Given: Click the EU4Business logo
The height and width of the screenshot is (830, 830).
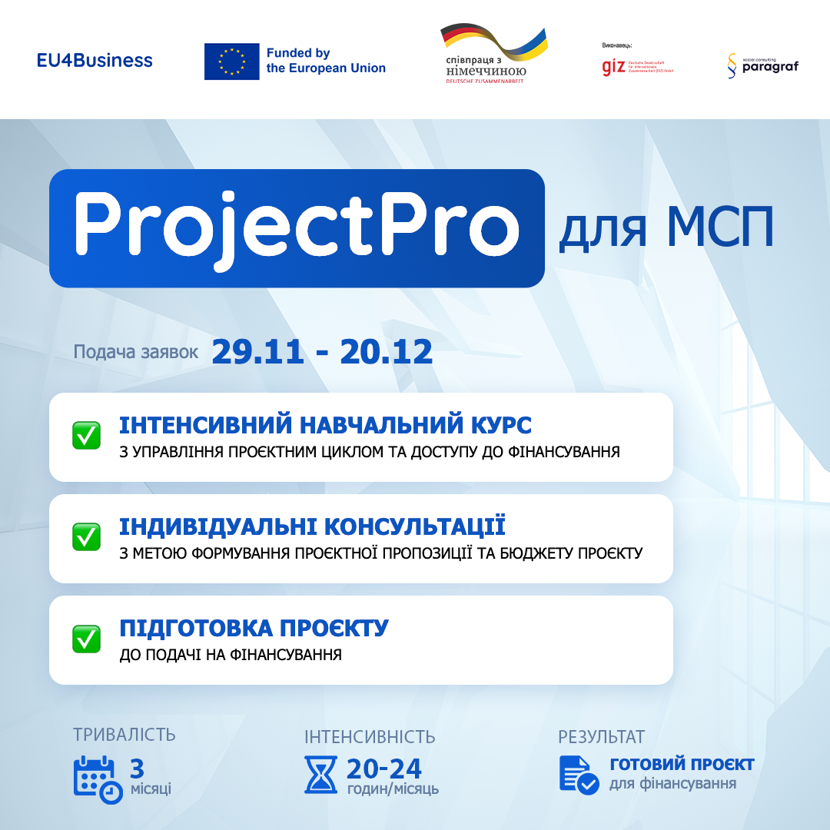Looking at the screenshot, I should pos(95,61).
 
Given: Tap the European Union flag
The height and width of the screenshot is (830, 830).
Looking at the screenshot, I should pos(231,61).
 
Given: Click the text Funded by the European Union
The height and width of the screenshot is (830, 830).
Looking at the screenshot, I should pos(326,61).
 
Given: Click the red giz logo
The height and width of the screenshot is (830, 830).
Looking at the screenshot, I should pos(613,67).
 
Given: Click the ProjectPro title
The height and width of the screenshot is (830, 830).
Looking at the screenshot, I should pos(297,228).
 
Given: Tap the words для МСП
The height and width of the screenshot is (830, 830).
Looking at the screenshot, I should pos(666,228).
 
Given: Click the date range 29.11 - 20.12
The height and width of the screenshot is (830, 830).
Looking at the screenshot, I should pos(322,352).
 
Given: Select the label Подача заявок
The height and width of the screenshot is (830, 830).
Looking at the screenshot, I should pos(136,353).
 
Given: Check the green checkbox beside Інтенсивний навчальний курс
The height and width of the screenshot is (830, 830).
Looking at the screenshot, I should pos(87,436).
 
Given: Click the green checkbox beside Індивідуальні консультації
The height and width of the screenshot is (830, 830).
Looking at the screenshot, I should pos(87,536).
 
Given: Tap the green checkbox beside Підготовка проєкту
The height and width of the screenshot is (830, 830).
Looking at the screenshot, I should pos(87,638).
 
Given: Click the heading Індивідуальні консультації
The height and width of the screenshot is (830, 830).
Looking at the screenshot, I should pos(312,527).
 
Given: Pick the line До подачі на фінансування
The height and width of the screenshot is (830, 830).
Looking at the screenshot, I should pos(231,656).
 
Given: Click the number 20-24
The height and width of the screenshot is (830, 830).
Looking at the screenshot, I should pos(383,769).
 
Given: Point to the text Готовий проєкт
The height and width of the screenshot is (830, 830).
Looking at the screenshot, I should pos(682,765).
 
